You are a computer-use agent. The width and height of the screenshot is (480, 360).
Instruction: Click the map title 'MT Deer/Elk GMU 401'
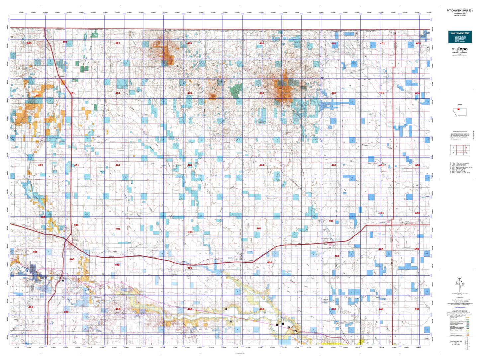coord(460,10)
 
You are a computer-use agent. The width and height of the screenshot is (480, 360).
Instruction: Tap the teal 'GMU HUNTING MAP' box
coord(460,37)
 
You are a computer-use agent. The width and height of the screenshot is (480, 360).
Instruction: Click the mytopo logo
coord(459,49)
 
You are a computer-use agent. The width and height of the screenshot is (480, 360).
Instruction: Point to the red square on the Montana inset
coord(458,109)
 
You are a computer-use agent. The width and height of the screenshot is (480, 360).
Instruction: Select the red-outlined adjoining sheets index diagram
coord(460,150)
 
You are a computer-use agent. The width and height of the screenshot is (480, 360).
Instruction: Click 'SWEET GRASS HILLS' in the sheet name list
coord(462,167)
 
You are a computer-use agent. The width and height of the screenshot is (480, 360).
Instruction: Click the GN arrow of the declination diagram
coord(459,279)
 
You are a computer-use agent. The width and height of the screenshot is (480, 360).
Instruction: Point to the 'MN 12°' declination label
coord(463,284)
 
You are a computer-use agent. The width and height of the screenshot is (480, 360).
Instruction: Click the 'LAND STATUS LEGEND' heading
coord(459,311)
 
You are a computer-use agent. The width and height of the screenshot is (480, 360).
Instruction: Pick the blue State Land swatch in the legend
coord(468,326)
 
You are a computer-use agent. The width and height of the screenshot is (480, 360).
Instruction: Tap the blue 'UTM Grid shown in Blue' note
coord(460,307)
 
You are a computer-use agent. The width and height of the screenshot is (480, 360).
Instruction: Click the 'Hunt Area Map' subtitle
coord(460,13)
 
